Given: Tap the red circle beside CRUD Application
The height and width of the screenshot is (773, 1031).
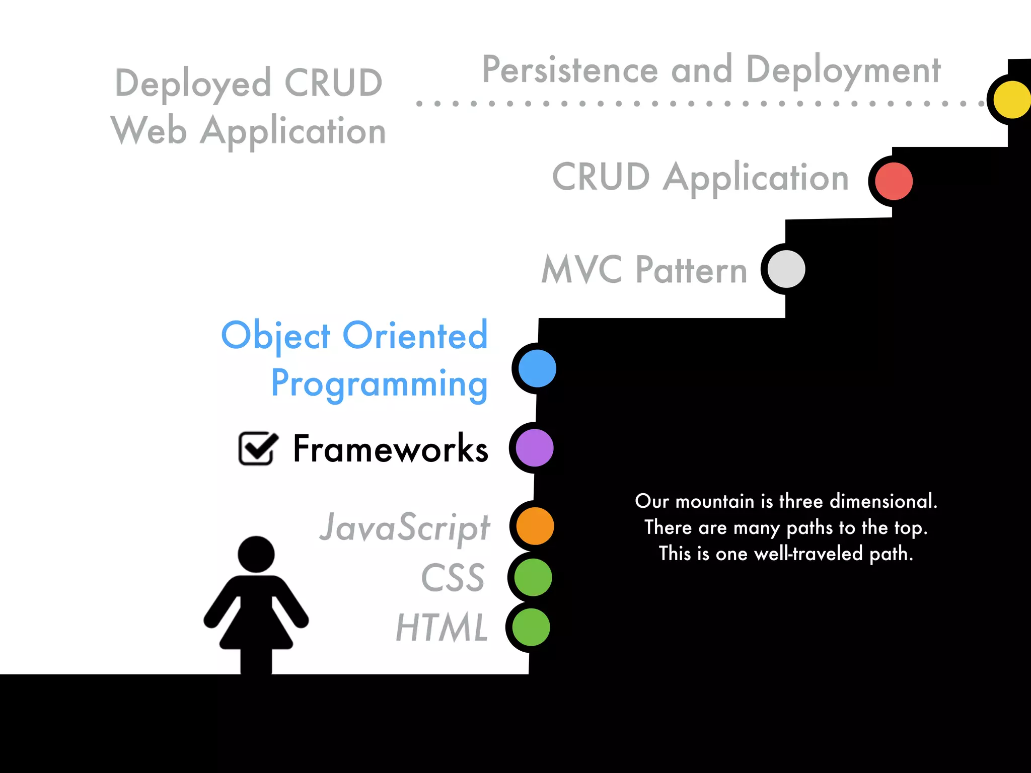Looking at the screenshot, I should coord(894,181).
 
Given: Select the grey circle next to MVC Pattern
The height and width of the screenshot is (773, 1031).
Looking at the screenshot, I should coord(786,269).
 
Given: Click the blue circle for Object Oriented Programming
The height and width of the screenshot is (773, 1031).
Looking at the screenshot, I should coord(537,368).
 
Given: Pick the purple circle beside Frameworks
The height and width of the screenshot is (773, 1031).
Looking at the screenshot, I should coord(535,448).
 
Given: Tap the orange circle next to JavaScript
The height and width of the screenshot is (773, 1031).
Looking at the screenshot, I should coord(535,526).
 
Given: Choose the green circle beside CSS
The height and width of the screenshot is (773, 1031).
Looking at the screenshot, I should coord(533,577).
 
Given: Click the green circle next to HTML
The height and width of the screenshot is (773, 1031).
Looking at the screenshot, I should coord(531,627).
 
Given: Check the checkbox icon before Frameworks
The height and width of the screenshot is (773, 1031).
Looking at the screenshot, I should coord(257,448).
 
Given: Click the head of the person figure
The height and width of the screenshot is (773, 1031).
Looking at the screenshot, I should coord(256,554).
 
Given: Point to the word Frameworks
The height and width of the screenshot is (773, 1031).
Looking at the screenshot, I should coord(391,449).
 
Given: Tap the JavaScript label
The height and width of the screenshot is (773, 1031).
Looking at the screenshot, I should coord(405,527).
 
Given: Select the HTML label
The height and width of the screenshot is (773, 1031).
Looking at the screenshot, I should coord(442,627).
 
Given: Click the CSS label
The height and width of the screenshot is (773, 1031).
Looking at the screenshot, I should coord(453,578).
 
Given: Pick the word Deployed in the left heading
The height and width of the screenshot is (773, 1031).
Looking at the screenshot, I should coord(193,84).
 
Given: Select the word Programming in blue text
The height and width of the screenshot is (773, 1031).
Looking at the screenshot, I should coord(379,383).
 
